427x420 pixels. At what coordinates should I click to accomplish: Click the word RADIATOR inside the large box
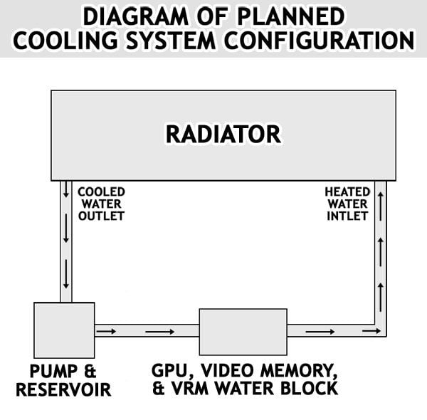[x=223, y=133]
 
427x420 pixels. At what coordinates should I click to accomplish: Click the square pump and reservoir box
[x=64, y=330]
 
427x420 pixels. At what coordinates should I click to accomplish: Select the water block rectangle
[x=243, y=332]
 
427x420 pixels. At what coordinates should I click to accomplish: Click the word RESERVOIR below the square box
[x=63, y=390]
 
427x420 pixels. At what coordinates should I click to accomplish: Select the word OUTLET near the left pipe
[x=101, y=216]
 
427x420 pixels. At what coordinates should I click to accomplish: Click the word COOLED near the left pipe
[x=101, y=191]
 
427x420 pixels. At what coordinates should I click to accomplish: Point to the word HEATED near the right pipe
[x=347, y=191]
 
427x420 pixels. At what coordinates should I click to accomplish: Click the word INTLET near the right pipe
[x=347, y=216]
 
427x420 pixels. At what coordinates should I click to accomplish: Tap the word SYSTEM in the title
[x=169, y=40]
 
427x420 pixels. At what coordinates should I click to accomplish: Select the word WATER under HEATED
[x=347, y=204]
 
